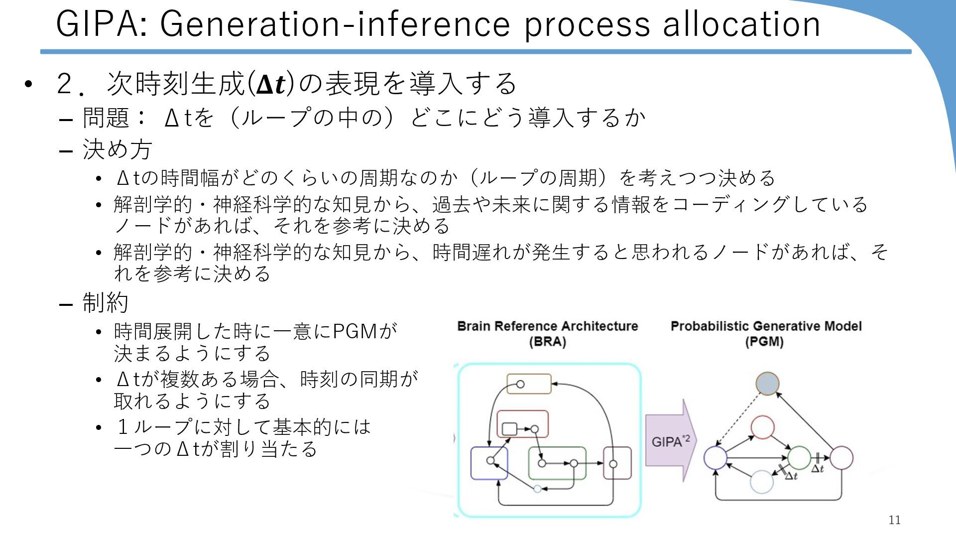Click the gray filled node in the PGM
click(x=767, y=384)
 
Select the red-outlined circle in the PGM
click(x=762, y=427)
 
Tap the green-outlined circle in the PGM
click(x=799, y=458)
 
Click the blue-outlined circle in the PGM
click(x=716, y=458)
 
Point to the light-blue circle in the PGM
click(x=761, y=482)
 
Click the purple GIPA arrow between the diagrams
click(x=670, y=441)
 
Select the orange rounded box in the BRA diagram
click(x=529, y=384)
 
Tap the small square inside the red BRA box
click(x=509, y=429)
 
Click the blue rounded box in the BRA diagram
click(x=489, y=463)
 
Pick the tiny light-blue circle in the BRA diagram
click(x=537, y=489)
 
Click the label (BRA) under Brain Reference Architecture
click(x=547, y=342)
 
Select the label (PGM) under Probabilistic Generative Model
click(x=764, y=342)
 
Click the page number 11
click(x=894, y=520)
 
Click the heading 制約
click(x=105, y=302)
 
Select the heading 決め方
click(x=117, y=149)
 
